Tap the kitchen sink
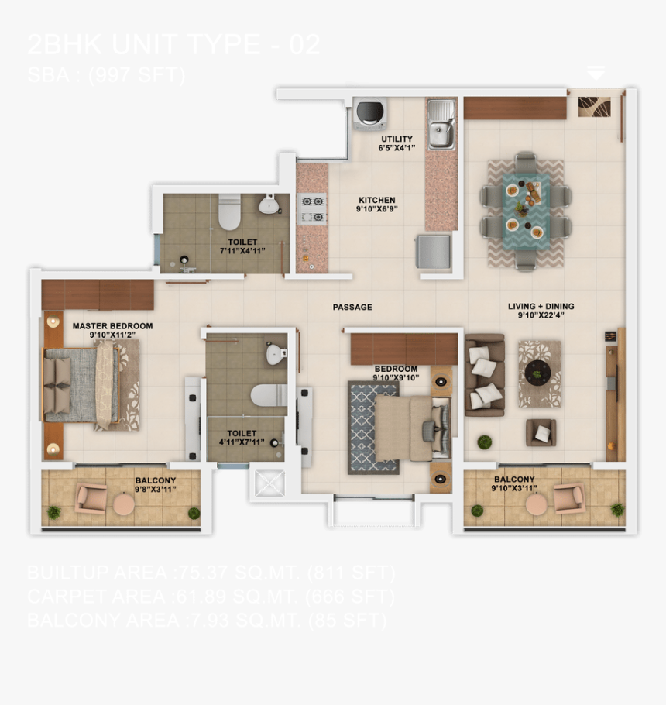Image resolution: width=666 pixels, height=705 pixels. point(441,124)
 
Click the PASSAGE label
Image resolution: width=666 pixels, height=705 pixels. point(352,308)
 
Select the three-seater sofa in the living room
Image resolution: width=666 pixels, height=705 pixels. point(484,375)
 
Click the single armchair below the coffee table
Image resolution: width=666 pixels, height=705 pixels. point(541,432)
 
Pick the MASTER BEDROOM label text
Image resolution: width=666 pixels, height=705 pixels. point(112,326)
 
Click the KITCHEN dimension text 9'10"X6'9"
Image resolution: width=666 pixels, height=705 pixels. point(377,209)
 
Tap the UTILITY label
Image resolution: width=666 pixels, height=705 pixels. point(397,139)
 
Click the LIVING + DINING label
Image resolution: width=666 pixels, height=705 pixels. point(541,307)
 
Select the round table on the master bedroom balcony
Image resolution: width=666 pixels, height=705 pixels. point(125,504)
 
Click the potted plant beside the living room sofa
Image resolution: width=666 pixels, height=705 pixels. point(484,442)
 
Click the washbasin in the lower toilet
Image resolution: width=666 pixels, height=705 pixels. point(276,355)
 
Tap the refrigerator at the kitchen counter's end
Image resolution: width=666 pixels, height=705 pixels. point(433,251)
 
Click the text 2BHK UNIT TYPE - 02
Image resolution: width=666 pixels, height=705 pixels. point(173,45)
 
